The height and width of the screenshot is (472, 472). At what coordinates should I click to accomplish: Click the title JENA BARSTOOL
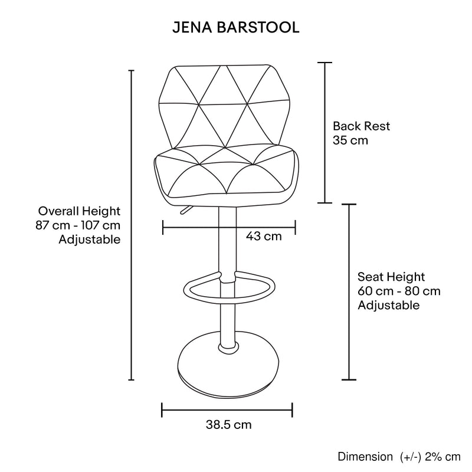point(235,28)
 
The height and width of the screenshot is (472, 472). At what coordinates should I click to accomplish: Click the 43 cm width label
point(263,237)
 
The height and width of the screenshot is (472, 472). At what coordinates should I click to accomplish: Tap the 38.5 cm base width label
point(228,424)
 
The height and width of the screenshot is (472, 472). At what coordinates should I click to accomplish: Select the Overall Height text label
point(80,211)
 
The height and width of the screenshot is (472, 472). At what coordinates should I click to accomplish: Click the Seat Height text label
point(391,277)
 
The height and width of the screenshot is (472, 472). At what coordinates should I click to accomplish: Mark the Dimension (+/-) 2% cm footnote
point(399,457)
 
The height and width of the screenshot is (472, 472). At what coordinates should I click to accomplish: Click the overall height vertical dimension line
point(131,224)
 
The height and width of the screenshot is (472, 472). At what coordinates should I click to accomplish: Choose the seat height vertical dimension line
point(349,292)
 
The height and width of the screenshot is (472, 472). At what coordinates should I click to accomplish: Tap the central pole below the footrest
point(225,322)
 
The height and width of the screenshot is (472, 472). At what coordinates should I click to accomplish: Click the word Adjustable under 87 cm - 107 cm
point(90,240)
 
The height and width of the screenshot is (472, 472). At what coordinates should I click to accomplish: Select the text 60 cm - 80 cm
point(399,291)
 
